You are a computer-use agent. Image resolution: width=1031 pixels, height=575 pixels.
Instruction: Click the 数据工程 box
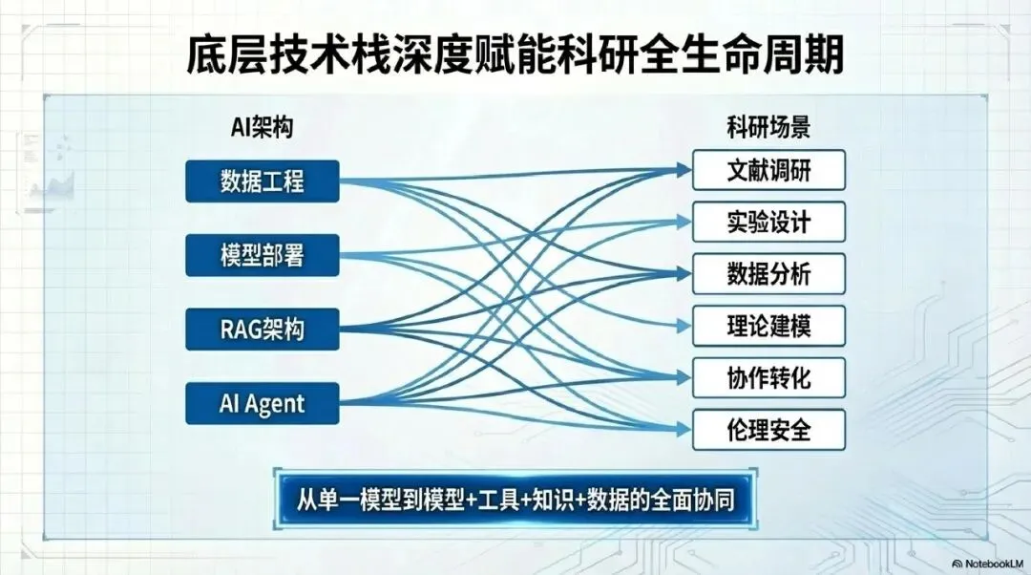(263, 181)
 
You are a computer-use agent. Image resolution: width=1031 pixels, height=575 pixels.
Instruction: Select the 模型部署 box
(263, 255)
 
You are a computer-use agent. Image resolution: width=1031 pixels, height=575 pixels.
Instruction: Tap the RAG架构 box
(263, 330)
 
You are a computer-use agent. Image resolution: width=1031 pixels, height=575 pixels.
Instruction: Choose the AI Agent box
(263, 403)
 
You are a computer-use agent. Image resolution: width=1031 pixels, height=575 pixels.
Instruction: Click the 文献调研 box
(768, 170)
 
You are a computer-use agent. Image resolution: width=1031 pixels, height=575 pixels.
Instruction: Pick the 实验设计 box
(768, 222)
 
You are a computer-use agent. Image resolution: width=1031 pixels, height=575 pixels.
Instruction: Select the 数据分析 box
(768, 273)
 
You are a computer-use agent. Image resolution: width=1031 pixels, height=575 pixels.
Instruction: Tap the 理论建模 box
(768, 326)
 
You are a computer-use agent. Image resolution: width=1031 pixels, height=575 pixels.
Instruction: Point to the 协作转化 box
(768, 377)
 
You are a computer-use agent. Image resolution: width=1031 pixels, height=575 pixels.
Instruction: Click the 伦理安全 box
(768, 429)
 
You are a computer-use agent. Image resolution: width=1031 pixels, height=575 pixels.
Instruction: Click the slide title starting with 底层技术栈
(515, 55)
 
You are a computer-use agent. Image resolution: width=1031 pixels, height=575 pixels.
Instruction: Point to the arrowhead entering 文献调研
(681, 170)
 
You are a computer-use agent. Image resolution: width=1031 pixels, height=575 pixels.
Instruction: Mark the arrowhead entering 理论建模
(681, 326)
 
